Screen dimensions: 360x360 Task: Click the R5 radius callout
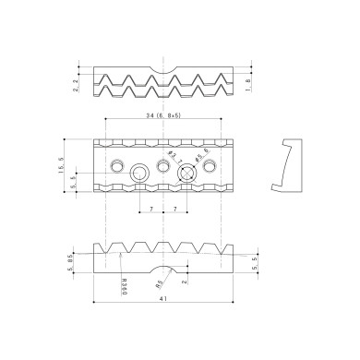coord(161,282)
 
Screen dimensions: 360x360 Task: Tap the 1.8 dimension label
coord(251,86)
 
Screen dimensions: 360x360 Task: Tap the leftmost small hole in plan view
coord(117,164)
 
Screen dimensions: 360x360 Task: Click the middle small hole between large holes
coord(164,166)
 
